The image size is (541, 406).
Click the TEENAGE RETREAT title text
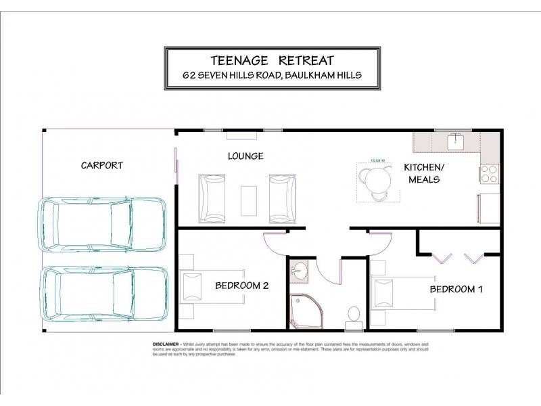coord(272,60)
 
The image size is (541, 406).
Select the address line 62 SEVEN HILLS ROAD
coord(272,76)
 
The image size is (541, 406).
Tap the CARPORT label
coord(102,165)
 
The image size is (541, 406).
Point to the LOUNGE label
coord(245,156)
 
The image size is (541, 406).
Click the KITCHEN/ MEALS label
coord(423,173)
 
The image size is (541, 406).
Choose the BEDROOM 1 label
coord(456,290)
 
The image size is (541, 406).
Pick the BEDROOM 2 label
coord(241,286)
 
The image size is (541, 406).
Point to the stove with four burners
coord(489,174)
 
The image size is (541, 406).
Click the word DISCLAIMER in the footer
coord(165,344)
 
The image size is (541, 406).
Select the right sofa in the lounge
coord(282,198)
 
